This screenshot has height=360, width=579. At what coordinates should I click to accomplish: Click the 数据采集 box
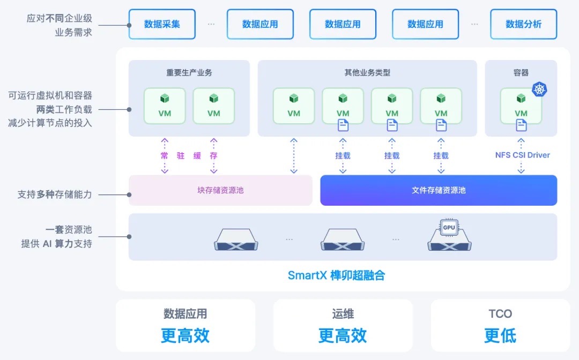[x=162, y=24]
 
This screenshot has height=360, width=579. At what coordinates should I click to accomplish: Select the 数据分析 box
[x=523, y=24]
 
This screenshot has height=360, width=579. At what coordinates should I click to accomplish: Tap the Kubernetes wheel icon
[x=539, y=89]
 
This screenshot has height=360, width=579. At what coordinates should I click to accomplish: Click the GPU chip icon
[x=449, y=228]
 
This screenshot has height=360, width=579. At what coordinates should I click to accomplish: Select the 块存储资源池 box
[x=220, y=190]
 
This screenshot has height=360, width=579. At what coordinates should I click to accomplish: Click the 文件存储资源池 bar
[x=439, y=190]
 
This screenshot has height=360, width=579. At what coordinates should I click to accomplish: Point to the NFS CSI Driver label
[x=522, y=155]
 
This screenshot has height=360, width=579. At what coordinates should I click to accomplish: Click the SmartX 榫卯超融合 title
[x=337, y=276]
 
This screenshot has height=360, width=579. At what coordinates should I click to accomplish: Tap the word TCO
[x=500, y=314]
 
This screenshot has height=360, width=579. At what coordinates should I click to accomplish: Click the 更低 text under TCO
[x=500, y=336]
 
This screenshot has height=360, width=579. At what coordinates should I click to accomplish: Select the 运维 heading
[x=343, y=314]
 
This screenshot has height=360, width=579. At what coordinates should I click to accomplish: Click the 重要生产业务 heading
[x=189, y=72]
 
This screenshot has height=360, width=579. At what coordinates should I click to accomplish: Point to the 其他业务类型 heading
[x=367, y=72]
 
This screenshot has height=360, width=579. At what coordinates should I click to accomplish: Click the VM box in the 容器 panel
[x=521, y=106]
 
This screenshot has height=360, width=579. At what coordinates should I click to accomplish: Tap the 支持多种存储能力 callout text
[x=55, y=194]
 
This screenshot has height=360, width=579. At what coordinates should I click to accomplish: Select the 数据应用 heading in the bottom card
[x=185, y=314]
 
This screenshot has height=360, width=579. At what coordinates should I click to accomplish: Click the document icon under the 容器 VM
[x=521, y=125]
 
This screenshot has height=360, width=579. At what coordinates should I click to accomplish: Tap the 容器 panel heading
[x=521, y=72]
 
